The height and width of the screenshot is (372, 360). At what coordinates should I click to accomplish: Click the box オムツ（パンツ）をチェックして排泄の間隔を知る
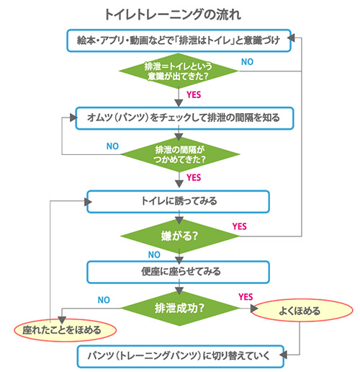pos(178,116)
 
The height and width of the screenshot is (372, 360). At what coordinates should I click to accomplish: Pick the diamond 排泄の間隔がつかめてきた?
pos(178,153)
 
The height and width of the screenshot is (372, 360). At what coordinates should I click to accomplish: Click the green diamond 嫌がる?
pos(178,236)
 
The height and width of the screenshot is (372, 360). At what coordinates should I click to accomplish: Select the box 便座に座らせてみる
pos(178,272)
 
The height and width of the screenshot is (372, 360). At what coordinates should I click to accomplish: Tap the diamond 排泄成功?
pos(178,308)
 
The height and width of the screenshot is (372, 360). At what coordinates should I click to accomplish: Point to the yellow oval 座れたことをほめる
pos(66,330)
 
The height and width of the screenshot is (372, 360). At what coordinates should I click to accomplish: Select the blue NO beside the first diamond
pos(247,62)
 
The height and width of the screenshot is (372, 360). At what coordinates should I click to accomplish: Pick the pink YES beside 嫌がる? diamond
pos(239,226)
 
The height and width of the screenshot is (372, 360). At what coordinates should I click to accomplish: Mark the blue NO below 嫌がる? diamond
pos(153,254)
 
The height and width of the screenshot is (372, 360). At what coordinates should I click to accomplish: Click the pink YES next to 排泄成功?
pos(245,296)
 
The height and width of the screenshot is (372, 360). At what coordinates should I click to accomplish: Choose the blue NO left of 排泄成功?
pos(104,299)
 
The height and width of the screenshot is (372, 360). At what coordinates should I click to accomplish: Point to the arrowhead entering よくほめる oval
pos(255,309)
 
